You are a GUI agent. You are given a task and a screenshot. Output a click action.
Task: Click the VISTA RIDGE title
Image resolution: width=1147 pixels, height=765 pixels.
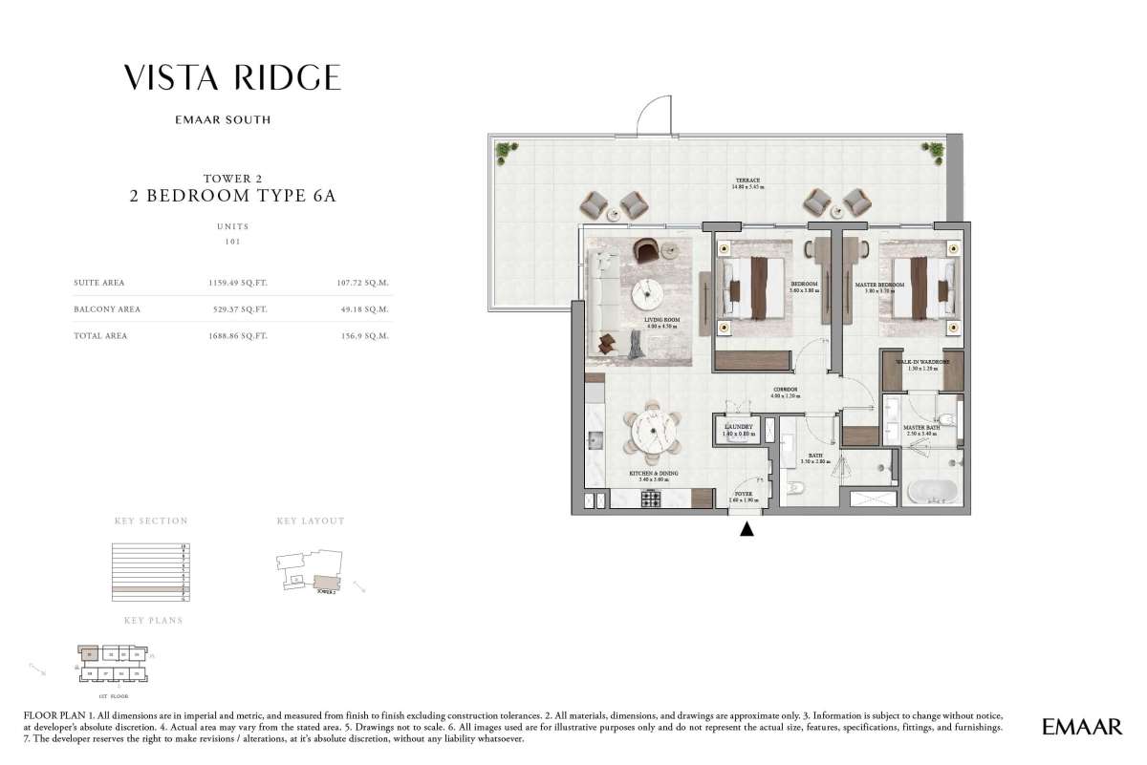tap(232, 77)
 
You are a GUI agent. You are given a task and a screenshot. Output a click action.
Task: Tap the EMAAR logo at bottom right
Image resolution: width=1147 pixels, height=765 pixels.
tap(1082, 728)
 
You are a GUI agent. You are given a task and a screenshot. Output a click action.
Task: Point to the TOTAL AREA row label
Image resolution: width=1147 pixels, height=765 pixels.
tap(100, 336)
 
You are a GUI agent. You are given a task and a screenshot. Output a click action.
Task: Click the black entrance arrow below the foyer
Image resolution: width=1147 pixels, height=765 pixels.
tap(747, 529)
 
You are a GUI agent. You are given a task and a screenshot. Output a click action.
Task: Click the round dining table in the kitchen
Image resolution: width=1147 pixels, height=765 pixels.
tap(651, 434)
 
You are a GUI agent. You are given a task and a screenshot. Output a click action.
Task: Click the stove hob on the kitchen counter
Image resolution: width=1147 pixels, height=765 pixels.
tap(651, 498)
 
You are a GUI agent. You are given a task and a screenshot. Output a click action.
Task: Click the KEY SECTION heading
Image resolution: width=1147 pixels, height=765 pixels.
tap(151, 521)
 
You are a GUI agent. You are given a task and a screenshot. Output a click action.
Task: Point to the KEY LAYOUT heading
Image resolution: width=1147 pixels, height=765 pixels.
tap(310, 521)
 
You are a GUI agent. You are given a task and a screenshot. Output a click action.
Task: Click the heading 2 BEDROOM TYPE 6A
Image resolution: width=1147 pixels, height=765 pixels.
tap(232, 198)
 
